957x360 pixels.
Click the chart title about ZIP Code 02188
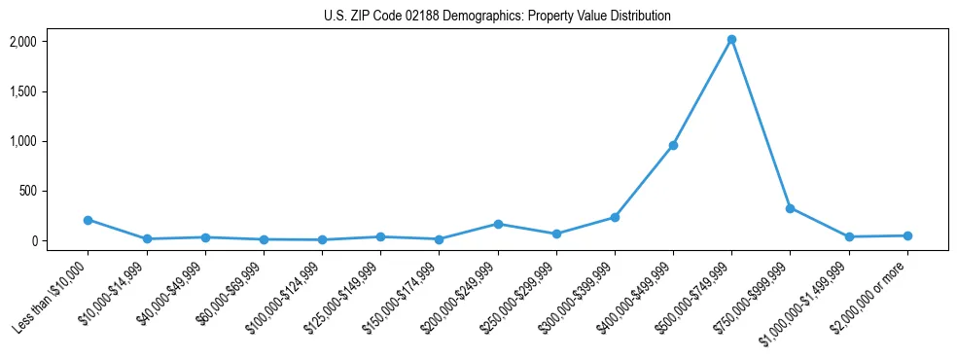tap(497, 17)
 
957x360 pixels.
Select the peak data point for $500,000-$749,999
tap(731, 40)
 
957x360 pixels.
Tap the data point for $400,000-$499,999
tap(673, 146)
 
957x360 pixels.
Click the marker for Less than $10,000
tap(89, 220)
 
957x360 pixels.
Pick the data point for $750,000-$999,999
tap(790, 208)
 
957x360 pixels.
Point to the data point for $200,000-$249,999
tap(498, 224)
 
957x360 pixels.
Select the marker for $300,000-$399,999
tap(615, 217)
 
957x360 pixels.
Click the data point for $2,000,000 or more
tap(907, 235)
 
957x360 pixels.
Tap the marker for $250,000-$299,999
tap(556, 234)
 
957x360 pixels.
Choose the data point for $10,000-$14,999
tap(147, 238)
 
